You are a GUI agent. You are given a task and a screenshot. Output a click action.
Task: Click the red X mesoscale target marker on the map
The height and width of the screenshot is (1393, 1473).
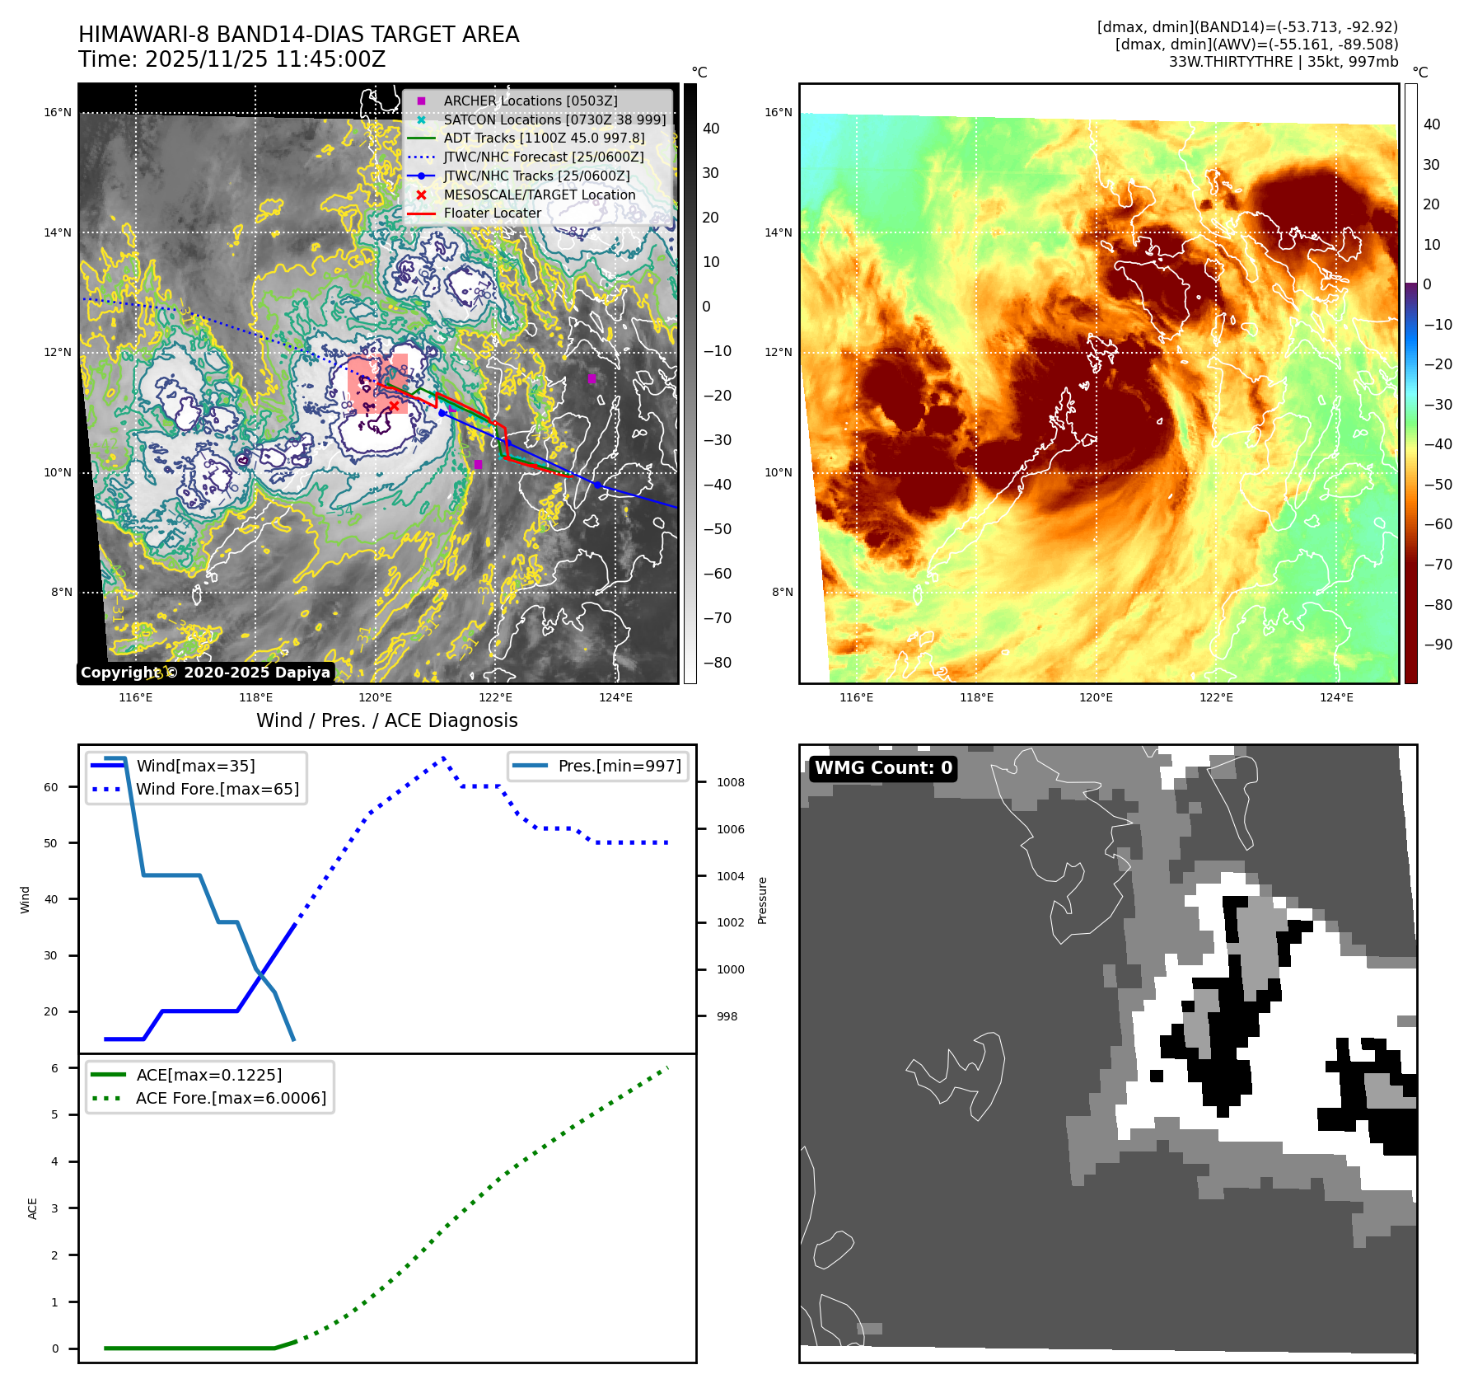[394, 406]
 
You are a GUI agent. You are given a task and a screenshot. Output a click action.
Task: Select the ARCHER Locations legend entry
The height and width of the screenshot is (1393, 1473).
[530, 101]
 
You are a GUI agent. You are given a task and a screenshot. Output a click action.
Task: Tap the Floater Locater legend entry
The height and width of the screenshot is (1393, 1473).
[492, 213]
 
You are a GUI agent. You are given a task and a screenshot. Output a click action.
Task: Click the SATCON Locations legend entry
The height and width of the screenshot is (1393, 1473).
[554, 120]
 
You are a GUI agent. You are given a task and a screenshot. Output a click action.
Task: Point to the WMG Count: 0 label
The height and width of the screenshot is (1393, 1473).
[883, 768]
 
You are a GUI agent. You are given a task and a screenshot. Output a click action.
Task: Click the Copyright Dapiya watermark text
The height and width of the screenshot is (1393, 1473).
[205, 673]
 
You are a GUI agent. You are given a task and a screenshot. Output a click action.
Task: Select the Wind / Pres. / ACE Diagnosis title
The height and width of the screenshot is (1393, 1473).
[386, 720]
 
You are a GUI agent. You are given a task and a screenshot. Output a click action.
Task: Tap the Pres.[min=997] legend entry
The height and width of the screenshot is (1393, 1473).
[619, 766]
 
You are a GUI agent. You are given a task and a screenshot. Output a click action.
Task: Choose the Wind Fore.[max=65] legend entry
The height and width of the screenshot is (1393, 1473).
[217, 789]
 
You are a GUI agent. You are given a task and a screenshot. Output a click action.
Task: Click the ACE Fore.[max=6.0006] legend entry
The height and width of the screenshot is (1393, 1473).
[231, 1098]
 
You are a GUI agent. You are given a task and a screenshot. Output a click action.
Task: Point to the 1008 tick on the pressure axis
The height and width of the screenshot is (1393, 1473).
[730, 782]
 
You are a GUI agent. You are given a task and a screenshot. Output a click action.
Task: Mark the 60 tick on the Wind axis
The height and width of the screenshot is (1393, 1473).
[51, 787]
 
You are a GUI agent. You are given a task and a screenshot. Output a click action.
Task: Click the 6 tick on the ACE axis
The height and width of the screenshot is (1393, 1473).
[55, 1068]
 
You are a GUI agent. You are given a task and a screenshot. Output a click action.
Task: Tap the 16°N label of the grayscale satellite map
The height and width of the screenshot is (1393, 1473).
[58, 113]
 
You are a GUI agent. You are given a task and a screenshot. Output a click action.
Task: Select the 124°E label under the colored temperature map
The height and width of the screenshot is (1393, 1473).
[1336, 697]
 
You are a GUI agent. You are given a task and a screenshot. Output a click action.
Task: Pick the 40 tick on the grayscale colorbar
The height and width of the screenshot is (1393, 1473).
[710, 129]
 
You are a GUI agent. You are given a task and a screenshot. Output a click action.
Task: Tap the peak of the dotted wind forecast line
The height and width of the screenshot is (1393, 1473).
[443, 757]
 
